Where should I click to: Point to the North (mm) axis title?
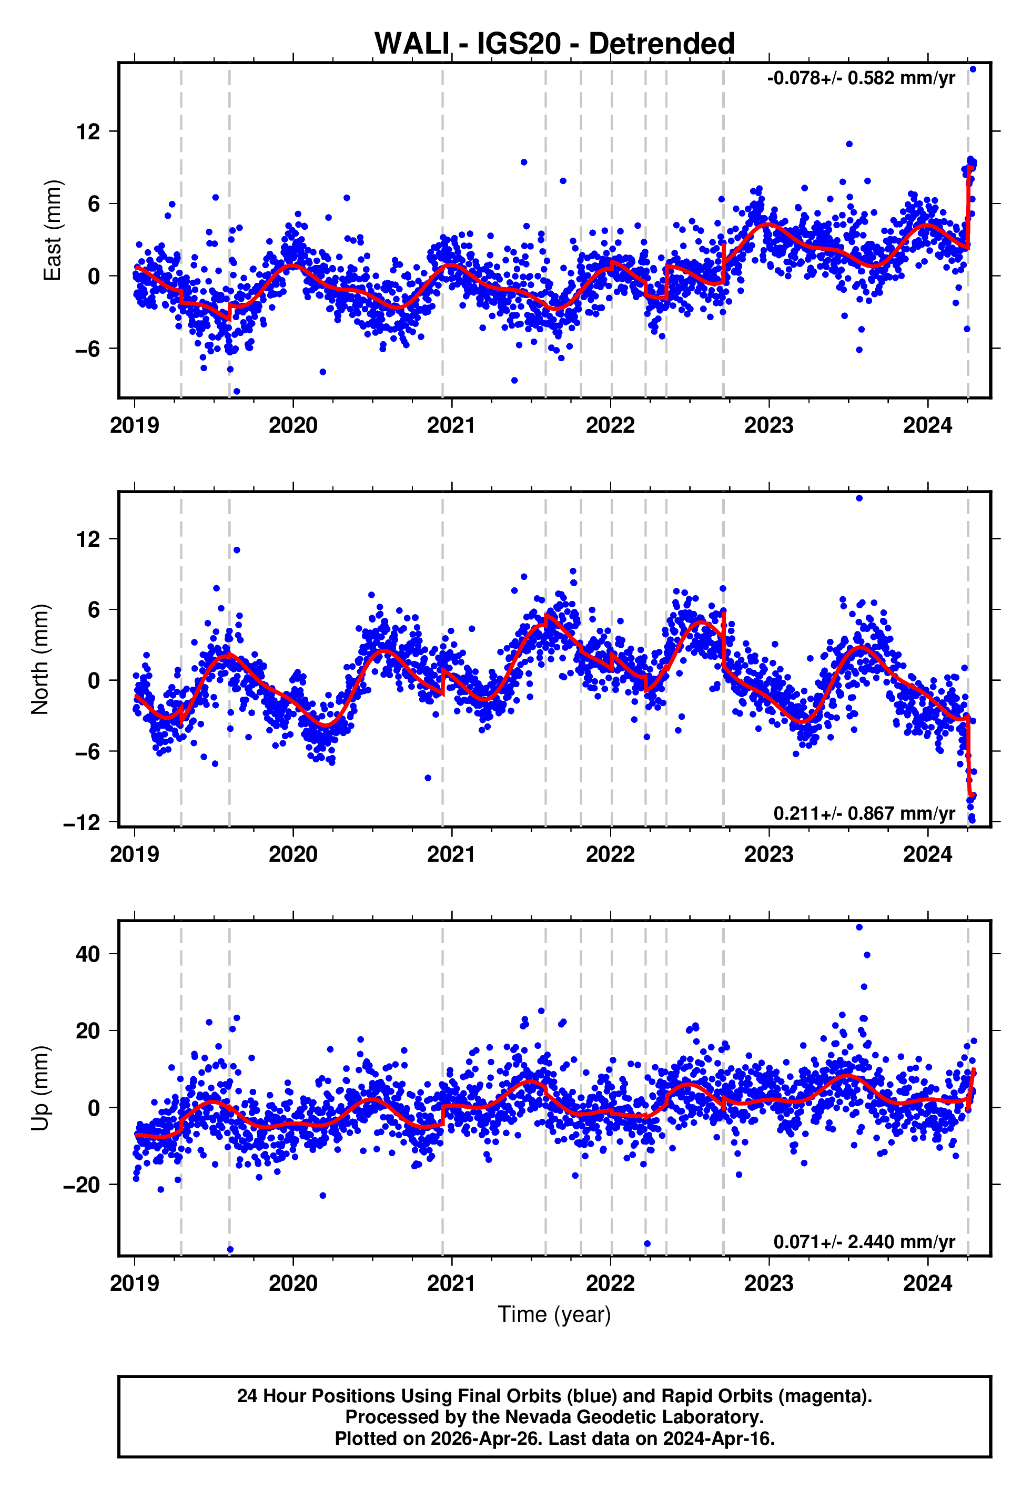tap(40, 659)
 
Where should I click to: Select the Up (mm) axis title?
tap(40, 1088)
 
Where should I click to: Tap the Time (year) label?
tap(554, 1314)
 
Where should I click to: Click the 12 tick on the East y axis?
tap(88, 132)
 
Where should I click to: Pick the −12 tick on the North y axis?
tap(82, 822)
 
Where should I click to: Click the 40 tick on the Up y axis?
tap(88, 954)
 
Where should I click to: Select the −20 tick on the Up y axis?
tap(82, 1185)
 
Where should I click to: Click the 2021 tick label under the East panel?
tap(451, 426)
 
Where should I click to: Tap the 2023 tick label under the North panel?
tap(769, 855)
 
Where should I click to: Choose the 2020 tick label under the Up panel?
tap(293, 1283)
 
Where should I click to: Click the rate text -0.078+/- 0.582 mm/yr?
tap(861, 79)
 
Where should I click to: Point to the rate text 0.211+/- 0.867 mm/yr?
tap(864, 813)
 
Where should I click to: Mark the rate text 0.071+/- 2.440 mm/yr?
tap(864, 1242)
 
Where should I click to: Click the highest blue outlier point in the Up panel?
tap(859, 927)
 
